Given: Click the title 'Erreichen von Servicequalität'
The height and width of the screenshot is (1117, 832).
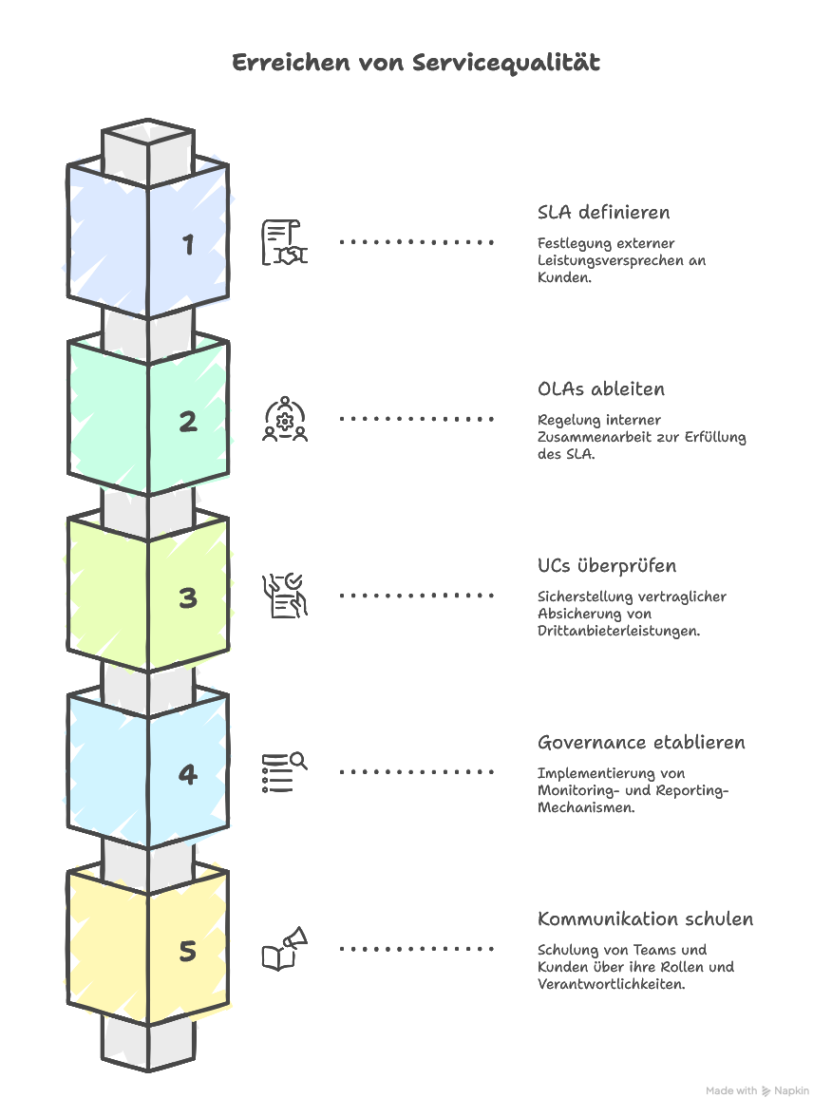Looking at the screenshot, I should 416,63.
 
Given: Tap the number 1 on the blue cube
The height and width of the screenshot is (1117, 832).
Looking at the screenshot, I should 188,244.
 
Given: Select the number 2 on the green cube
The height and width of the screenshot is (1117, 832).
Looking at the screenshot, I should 188,421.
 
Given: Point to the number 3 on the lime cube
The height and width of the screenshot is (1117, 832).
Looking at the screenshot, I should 188,597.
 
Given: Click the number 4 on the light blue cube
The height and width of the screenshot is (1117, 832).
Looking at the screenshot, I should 188,774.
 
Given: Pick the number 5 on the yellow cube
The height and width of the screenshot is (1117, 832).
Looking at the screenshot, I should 188,951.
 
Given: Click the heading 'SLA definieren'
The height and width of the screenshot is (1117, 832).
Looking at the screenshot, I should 603,212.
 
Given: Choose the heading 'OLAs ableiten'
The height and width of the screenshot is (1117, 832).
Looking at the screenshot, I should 601,388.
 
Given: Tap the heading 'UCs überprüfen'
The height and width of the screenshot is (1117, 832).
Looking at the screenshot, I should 607,565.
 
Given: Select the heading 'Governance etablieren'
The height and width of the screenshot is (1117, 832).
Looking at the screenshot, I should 641,742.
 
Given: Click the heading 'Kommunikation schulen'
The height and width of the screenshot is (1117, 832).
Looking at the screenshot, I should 645,918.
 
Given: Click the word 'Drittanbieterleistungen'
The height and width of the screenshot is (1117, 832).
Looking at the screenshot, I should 618,630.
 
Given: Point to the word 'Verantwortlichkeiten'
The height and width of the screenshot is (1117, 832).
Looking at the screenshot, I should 611,984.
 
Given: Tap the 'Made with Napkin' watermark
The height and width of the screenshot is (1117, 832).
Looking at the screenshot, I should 758,1091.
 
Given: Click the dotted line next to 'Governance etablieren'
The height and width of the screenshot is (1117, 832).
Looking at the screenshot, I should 417,772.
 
